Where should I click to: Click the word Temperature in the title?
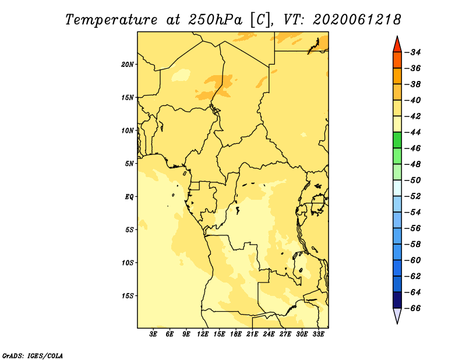[x=111, y=20]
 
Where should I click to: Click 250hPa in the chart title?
[x=215, y=20]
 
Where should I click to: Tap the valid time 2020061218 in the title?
[x=357, y=20]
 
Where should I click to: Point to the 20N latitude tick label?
[x=128, y=65]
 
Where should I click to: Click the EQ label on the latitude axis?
[x=129, y=197]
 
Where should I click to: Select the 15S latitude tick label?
[x=128, y=296]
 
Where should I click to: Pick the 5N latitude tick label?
[x=129, y=164]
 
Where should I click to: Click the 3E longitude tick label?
[x=153, y=334]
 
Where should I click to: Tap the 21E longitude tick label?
[x=252, y=334]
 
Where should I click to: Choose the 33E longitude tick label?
[x=318, y=334]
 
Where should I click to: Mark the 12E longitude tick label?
[x=202, y=334]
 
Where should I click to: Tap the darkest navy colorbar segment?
[x=397, y=300]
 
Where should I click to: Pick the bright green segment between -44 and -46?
[x=397, y=140]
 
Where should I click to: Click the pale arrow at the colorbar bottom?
[x=397, y=315]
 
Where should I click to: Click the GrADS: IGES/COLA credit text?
[x=33, y=356]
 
